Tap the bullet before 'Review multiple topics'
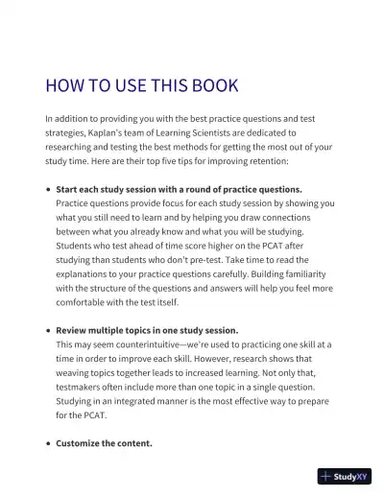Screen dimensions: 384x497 48,330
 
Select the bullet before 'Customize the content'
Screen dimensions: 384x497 48,443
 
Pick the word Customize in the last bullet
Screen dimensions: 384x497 80,443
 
